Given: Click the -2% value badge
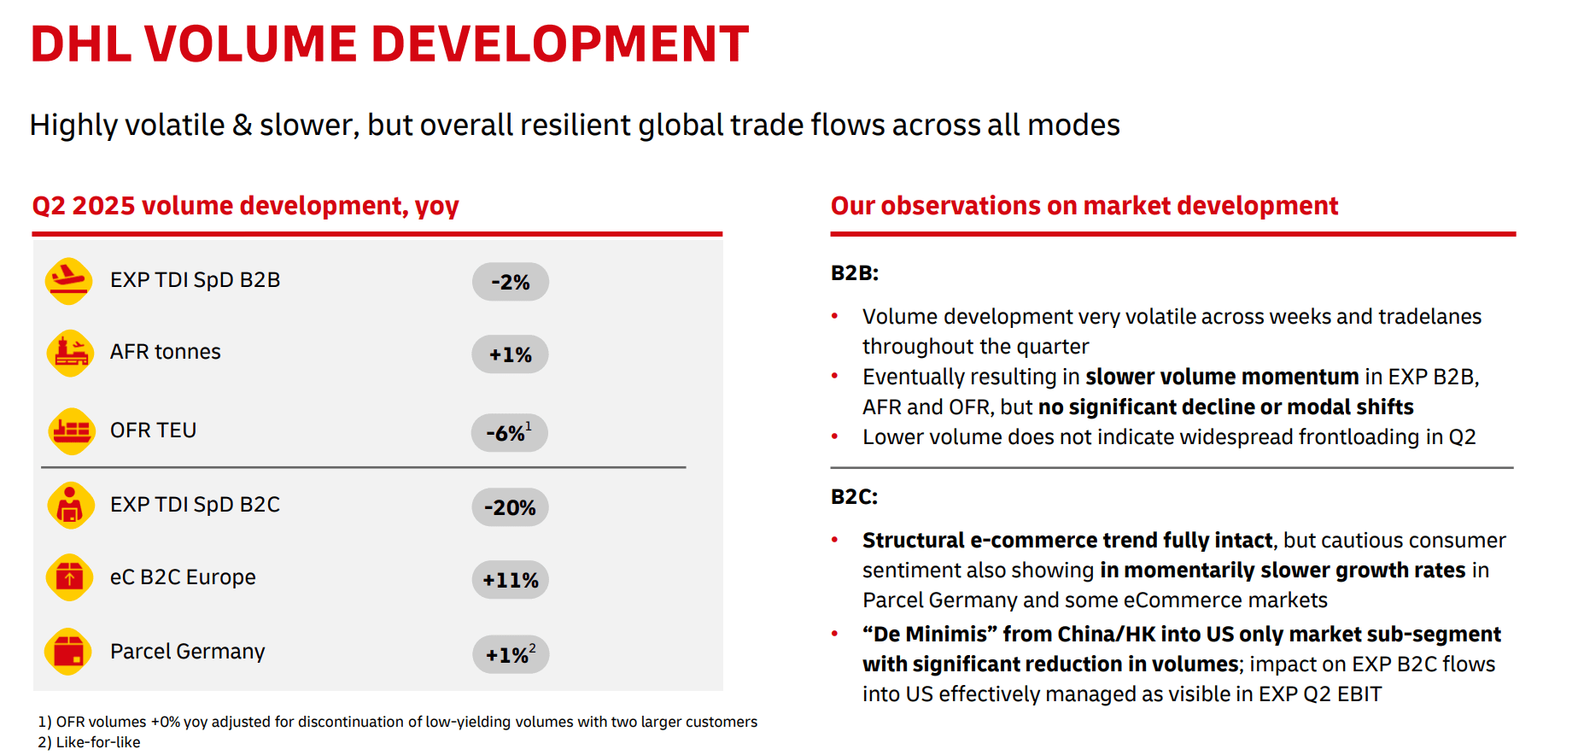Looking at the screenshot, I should click(x=510, y=282).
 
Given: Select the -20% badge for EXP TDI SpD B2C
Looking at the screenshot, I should click(x=510, y=507).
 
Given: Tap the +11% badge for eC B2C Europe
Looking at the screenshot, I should click(x=510, y=580).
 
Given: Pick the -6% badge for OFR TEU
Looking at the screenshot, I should click(x=509, y=432).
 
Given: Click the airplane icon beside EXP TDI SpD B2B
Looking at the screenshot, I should click(x=68, y=281).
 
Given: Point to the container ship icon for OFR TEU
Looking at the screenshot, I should click(x=71, y=430).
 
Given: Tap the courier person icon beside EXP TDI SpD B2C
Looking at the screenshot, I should click(x=70, y=506).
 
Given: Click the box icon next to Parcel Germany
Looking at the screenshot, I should click(x=68, y=653).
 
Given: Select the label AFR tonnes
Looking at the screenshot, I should click(x=165, y=352).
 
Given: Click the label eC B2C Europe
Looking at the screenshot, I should click(x=183, y=577).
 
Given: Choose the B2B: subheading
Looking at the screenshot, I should click(x=854, y=273).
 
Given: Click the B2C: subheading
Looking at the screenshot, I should click(x=854, y=497).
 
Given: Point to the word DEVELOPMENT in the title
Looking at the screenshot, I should click(x=559, y=44).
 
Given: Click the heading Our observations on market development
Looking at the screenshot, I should click(x=1084, y=206).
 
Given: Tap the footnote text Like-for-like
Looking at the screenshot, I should click(x=97, y=742).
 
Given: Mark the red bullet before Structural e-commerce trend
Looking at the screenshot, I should click(x=835, y=540).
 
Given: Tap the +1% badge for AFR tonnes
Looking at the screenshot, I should click(x=510, y=354).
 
